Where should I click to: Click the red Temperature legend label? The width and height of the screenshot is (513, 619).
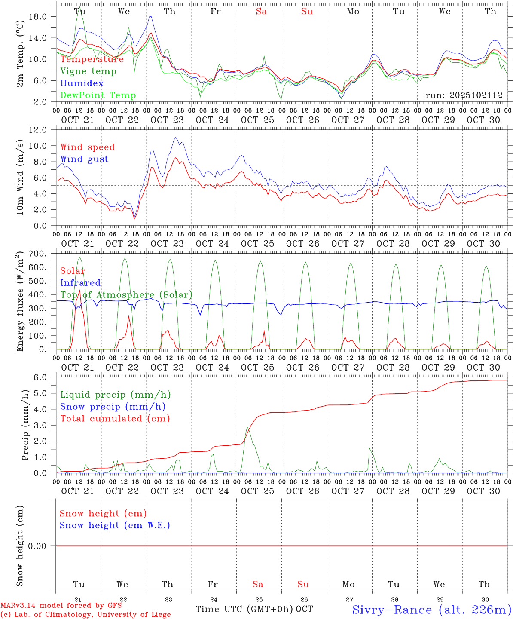92,59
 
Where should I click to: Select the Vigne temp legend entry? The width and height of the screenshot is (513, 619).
88,71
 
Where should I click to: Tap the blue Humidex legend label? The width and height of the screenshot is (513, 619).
82,83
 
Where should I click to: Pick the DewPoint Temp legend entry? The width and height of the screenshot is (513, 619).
98,95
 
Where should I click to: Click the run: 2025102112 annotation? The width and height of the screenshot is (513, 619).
464,95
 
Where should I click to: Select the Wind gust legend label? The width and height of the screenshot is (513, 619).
84,159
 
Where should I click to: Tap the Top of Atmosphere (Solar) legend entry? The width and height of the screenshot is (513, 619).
126,295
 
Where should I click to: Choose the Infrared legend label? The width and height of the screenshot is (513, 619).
80,283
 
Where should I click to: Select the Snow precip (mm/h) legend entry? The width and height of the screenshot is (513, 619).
113,407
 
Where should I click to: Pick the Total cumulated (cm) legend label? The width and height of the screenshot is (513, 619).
115,419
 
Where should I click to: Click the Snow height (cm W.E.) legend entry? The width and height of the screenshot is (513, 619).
115,525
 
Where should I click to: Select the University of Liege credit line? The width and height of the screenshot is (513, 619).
85,615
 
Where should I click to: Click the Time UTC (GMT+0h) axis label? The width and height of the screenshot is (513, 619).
244,609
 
